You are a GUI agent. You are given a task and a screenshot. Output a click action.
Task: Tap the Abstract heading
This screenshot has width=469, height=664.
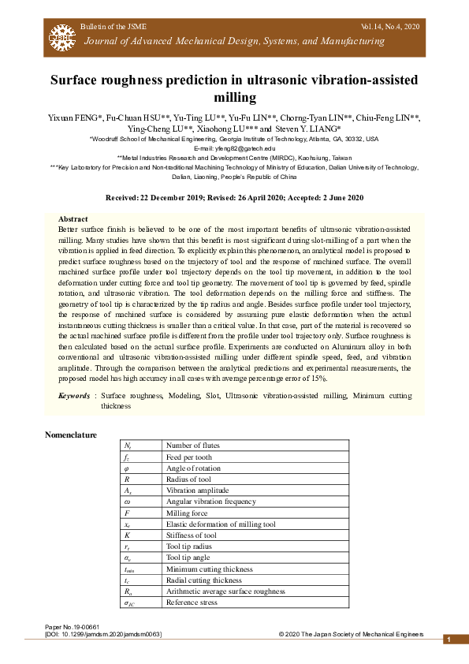(x=73, y=218)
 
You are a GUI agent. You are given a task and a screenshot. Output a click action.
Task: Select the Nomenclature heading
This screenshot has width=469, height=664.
(x=71, y=435)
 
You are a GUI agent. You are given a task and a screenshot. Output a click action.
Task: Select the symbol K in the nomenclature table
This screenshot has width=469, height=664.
(x=127, y=535)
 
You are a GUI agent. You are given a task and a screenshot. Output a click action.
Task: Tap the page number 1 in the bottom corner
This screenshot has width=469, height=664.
(x=449, y=640)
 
